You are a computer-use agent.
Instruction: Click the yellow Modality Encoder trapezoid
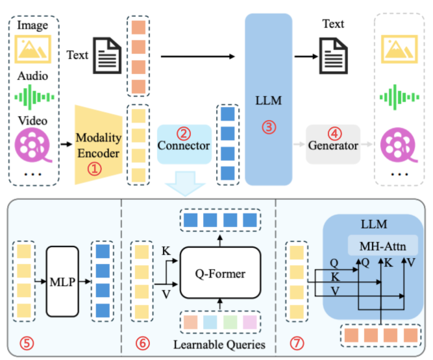(x=99, y=145)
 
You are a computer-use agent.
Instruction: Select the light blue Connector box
(x=184, y=144)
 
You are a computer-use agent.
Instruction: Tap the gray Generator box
(x=333, y=144)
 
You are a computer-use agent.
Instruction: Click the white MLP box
(x=63, y=282)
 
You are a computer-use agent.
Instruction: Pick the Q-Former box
(x=220, y=273)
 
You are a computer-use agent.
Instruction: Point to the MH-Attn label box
(x=383, y=246)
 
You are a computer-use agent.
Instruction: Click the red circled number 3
(x=269, y=127)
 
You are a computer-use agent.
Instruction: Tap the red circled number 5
(x=27, y=343)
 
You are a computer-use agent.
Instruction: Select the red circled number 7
(x=297, y=343)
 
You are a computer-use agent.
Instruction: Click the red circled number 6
(x=142, y=343)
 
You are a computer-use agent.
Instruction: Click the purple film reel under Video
(x=32, y=145)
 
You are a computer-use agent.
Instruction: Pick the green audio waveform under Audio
(x=34, y=97)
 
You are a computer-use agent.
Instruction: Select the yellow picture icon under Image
(x=33, y=49)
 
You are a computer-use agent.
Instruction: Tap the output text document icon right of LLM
(x=333, y=56)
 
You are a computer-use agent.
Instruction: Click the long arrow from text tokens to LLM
(x=198, y=56)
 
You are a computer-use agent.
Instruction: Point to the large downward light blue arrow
(x=185, y=184)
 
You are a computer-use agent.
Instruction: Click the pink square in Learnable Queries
(x=250, y=322)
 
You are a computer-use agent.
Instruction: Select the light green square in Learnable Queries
(x=230, y=322)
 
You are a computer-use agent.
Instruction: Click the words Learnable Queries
(x=219, y=344)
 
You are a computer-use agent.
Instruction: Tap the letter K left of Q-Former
(x=166, y=251)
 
